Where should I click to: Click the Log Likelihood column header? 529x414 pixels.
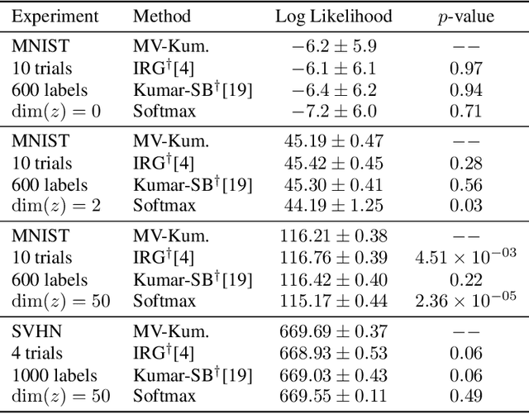(334, 16)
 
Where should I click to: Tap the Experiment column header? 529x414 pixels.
(56, 16)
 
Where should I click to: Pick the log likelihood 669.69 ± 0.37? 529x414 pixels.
(334, 331)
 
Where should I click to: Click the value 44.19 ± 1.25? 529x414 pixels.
(334, 206)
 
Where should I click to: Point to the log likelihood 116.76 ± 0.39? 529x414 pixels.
(334, 257)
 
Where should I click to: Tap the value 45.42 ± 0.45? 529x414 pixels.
(334, 163)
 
